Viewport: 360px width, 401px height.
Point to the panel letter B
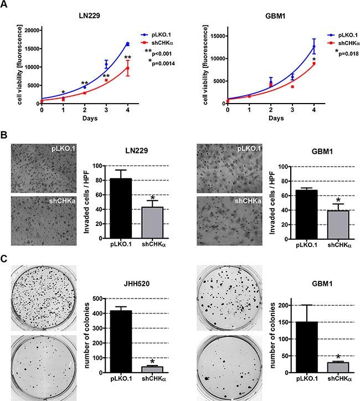[x=5, y=134]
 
